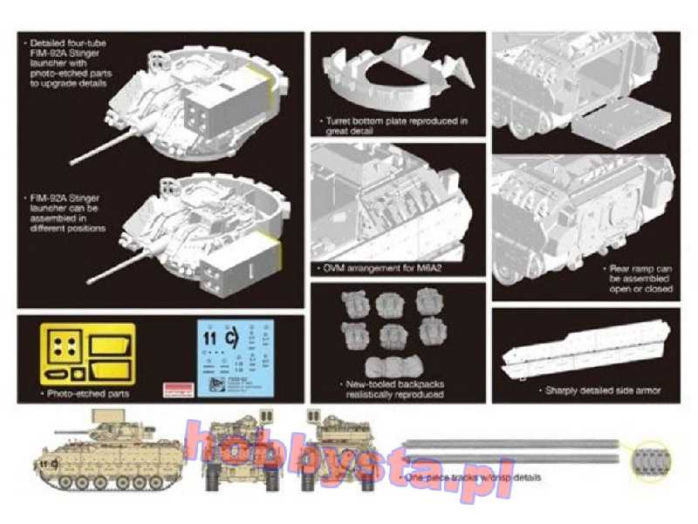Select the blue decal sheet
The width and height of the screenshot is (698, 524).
pyautogui.click(x=230, y=356)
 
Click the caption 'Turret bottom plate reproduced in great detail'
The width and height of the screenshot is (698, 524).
pyautogui.click(x=396, y=125)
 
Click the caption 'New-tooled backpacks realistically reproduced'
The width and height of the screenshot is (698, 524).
pyautogui.click(x=395, y=390)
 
